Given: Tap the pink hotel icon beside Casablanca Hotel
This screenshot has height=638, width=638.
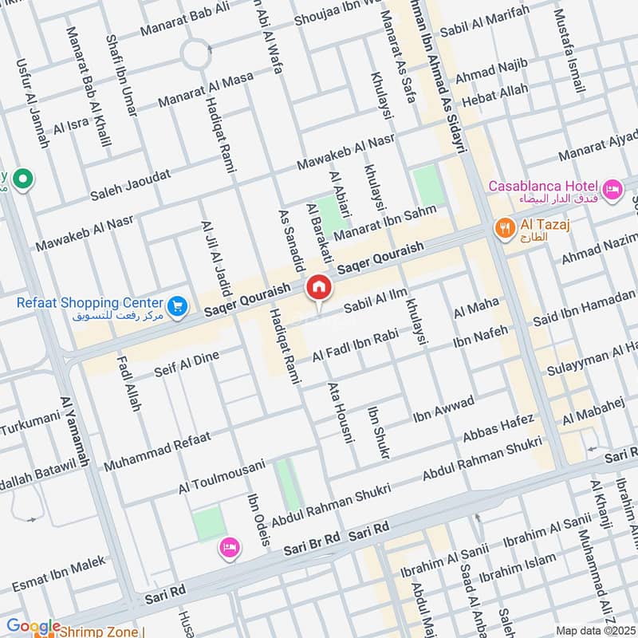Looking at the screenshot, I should point(613,189).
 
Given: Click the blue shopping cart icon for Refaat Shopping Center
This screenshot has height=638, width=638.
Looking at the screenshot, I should point(177,304).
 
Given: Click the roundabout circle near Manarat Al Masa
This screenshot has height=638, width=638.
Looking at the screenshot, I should point(195,55).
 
